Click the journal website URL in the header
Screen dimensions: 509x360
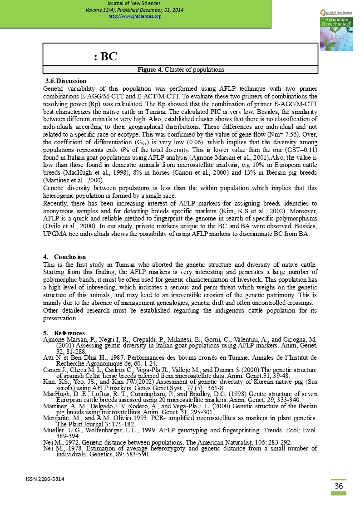pyautogui.click(x=134, y=16)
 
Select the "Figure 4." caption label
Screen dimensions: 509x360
pyautogui.click(x=150, y=70)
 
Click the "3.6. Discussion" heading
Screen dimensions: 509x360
pyautogui.click(x=66, y=81)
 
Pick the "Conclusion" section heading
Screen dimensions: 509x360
pyautogui.click(x=69, y=257)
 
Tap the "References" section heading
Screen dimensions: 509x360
pyautogui.click(x=69, y=333)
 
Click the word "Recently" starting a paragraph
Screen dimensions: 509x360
pyautogui.click(x=55, y=203)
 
